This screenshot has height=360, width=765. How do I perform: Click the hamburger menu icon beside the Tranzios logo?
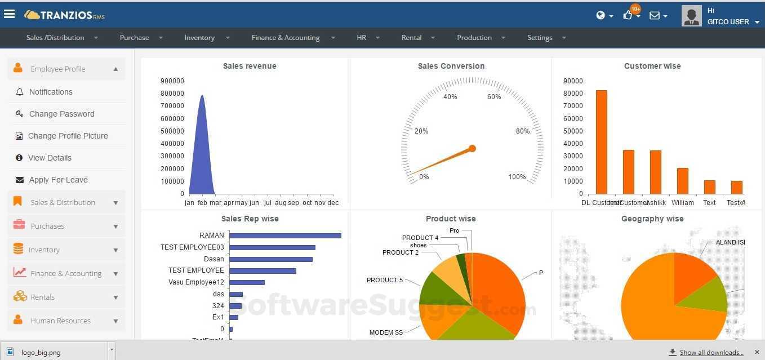pos(9,14)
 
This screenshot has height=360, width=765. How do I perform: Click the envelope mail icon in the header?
pos(655,16)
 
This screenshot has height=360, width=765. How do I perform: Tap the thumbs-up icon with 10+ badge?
pos(628,15)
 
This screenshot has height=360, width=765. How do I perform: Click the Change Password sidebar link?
pos(61,114)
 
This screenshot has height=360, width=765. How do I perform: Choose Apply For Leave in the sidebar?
pos(58,180)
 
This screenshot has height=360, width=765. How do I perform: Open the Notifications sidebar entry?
pos(51,92)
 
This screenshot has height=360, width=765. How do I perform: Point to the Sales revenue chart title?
pos(250,66)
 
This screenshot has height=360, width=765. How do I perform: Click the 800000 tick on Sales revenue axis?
pos(172,94)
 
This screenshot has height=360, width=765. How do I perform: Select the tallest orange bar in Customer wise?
pos(601,142)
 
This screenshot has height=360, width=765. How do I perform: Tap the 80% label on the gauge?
pos(522,131)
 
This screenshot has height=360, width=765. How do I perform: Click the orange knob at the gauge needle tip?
pos(472,149)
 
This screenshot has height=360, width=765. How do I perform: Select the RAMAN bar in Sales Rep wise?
pos(285,235)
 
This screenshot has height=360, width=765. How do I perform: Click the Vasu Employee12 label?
pos(196,282)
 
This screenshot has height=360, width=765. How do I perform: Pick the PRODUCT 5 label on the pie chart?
pos(384,280)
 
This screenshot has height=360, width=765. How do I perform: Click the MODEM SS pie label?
pos(386,332)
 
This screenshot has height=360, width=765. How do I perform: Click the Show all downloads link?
pos(711,353)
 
